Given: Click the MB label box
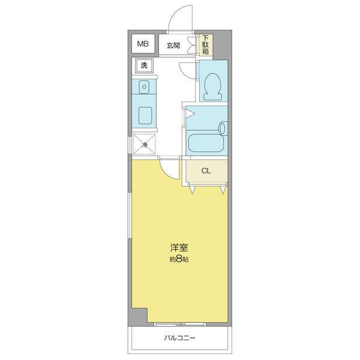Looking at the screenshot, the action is coord(143,44).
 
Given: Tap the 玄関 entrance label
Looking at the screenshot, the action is coord(173,46).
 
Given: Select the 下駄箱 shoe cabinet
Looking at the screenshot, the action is coord(206,44).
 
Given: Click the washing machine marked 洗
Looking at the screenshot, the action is coord(144,65).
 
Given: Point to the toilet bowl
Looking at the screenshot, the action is coord(212,86).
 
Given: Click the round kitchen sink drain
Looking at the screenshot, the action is coord(144,87).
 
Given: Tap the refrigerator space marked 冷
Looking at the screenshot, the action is coord(145,145).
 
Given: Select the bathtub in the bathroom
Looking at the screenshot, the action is coord(206,143).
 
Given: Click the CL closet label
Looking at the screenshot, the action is coord(206,171).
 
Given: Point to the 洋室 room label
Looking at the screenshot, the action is coord(179,247).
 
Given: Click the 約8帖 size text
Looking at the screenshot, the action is coord(179,259).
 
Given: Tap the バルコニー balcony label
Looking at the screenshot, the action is coord(179,338).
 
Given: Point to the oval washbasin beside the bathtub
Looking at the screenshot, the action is coord(223,128).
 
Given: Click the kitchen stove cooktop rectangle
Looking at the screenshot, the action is coord(145,115).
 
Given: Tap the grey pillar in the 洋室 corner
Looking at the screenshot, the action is coord(137,317).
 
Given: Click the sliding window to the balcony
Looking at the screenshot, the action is coord(179,325).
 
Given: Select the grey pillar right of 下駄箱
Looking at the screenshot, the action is coord(222,45).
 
